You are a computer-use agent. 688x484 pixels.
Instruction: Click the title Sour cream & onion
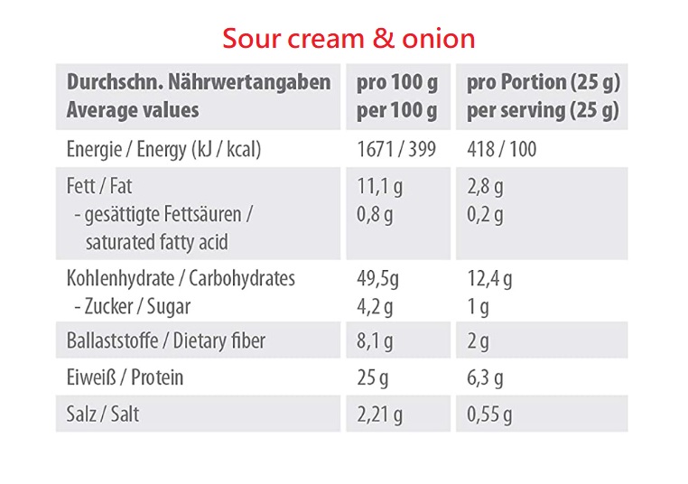[349, 39]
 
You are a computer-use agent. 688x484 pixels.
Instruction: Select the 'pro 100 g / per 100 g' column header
[397, 97]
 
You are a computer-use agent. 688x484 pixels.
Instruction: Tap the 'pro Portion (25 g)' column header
[543, 83]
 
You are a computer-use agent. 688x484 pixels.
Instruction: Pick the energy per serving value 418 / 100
[501, 149]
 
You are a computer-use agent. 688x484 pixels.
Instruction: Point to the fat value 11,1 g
[380, 187]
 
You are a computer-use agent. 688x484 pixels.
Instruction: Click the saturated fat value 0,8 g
[376, 215]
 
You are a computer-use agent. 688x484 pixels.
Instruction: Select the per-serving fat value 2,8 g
[485, 187]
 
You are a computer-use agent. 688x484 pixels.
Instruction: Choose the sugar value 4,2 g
[376, 306]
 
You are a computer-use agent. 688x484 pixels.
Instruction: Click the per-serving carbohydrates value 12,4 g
[489, 278]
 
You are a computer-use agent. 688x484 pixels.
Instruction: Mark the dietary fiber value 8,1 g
[376, 341]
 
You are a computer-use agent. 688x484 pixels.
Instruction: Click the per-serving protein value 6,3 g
[485, 377]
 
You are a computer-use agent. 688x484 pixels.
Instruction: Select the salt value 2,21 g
[380, 414]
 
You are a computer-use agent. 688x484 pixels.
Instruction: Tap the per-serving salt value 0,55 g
[489, 414]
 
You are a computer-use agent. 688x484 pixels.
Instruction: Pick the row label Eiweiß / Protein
[125, 377]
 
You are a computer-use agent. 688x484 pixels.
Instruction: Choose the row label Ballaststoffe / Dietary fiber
[166, 341]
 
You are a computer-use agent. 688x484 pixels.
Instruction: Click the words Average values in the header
[133, 111]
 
